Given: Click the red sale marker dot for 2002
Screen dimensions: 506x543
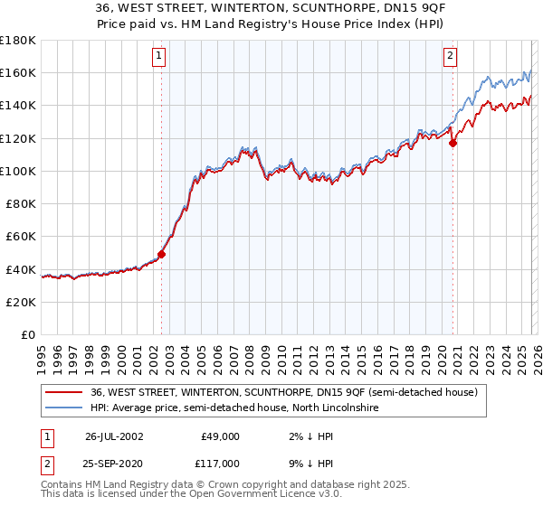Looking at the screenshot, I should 162,254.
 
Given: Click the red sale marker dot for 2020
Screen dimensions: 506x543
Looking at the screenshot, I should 453,142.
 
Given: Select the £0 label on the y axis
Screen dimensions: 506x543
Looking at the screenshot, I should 29,334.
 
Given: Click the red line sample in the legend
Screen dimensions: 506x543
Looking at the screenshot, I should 64,392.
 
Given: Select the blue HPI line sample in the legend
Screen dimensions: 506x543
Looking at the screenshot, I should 64,408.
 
